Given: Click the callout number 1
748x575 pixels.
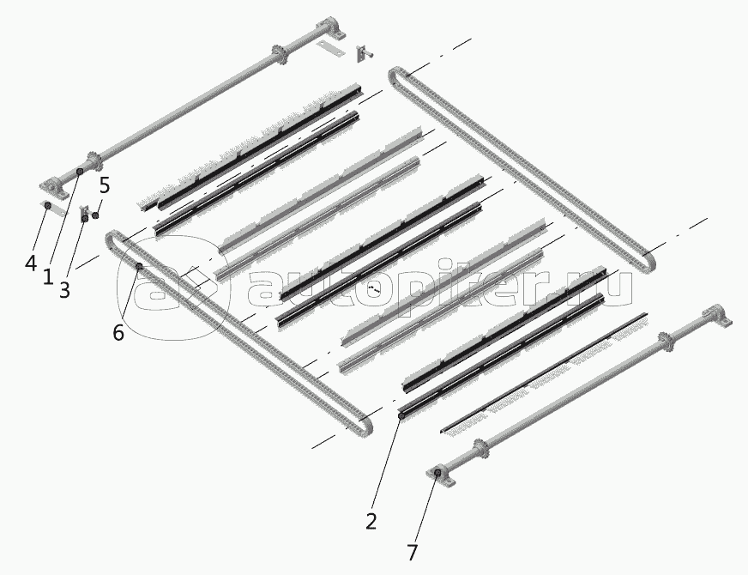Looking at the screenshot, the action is [x=48, y=276].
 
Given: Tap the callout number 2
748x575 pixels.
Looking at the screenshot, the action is [x=371, y=521].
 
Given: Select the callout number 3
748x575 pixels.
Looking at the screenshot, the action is [x=64, y=289].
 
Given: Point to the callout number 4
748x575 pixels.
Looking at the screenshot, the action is [x=31, y=263].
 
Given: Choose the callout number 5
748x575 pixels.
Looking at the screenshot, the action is [x=105, y=185].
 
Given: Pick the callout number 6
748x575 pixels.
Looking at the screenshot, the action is [x=118, y=332].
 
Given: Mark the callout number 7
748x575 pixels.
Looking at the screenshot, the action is [x=412, y=553].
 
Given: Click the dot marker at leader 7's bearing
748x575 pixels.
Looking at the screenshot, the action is [x=437, y=472].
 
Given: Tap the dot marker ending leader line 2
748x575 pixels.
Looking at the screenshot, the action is [x=401, y=416].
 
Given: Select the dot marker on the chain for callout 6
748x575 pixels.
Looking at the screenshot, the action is [x=139, y=266].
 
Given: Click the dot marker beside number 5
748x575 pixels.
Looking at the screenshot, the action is [x=95, y=215].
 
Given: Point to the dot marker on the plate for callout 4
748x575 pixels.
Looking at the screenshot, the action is [x=48, y=205].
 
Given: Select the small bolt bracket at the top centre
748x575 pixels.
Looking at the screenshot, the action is [x=364, y=53].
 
